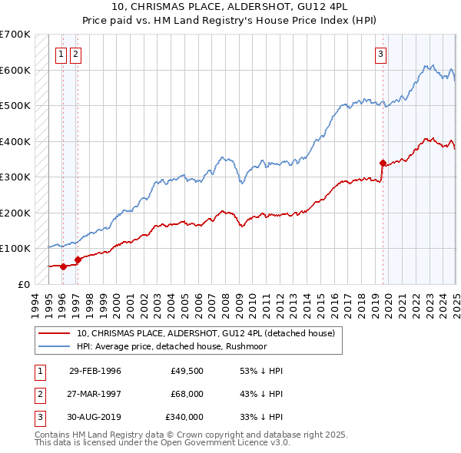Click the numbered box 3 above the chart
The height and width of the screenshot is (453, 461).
point(381,54)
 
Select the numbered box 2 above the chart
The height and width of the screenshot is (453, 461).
point(76,54)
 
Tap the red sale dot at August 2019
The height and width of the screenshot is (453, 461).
point(383,163)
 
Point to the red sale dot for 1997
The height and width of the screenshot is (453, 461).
point(78,260)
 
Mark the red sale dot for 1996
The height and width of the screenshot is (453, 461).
point(63,266)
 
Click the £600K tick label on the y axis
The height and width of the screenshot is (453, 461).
point(15,70)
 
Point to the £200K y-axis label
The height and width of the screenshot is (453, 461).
point(15,213)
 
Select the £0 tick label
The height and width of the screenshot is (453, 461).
point(23,284)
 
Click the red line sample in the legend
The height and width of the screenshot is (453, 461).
point(54,334)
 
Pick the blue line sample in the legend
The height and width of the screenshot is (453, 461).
point(54,346)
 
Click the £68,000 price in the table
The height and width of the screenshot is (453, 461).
point(187,394)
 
